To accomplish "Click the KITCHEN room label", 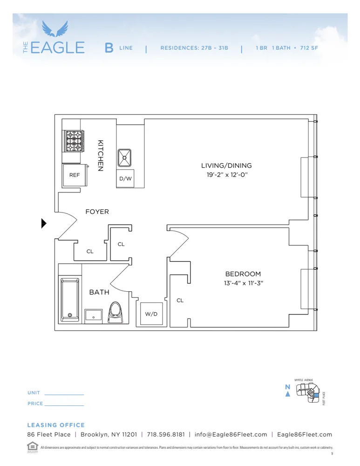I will click(x=100, y=156).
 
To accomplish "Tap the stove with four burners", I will click(x=74, y=141).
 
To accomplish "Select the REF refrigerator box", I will click(x=75, y=175).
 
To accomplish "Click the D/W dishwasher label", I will click(x=125, y=179).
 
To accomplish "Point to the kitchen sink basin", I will click(x=125, y=158).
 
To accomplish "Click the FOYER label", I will click(x=97, y=212).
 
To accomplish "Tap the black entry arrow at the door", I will click(x=44, y=224).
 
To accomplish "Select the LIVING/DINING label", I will click(x=226, y=165).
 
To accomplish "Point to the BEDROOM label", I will click(x=243, y=274).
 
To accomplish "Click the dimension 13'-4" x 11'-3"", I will click(x=243, y=283).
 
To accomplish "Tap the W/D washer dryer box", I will click(x=151, y=314).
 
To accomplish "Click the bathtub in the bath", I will click(x=70, y=300).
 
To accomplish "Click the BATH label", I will click(x=99, y=292).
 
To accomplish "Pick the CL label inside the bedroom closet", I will click(x=180, y=301).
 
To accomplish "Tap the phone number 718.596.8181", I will click(x=165, y=434).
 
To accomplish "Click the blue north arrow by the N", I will click(x=288, y=394).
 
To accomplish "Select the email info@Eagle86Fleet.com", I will click(x=231, y=434).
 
